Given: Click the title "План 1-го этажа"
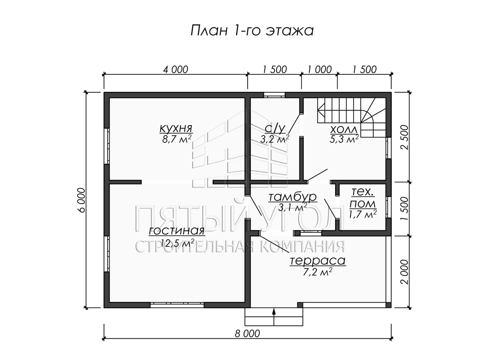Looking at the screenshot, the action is [252, 31].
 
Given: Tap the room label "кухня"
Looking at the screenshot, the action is [176, 128].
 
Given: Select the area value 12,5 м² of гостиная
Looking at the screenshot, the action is [178, 243].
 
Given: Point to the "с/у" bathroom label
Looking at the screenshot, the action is [275, 128].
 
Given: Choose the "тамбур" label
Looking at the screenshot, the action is [292, 197].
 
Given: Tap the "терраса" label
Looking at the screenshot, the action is [318, 261].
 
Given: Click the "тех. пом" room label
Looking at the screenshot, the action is [362, 198].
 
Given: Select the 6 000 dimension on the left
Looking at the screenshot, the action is [81, 200].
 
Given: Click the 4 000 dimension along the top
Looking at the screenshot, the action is [175, 70].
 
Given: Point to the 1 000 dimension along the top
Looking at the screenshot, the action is [320, 70].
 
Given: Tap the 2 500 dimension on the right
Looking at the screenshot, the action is [404, 137].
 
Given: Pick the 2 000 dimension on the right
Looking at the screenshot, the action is [404, 272].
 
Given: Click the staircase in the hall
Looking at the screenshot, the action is [352, 117].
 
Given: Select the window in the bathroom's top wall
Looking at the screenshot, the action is [274, 95].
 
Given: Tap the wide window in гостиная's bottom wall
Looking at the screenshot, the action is [177, 305].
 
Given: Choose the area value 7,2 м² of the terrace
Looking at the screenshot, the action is [318, 272].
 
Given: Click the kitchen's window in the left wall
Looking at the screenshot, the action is [106, 146].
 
